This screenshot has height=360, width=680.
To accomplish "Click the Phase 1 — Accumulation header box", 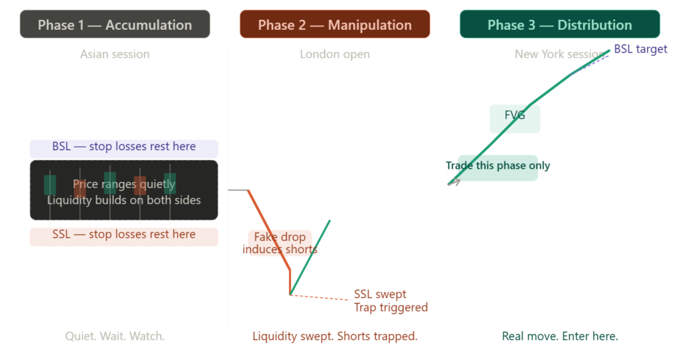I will (115, 25).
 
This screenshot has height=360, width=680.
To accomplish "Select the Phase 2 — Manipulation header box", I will (335, 25).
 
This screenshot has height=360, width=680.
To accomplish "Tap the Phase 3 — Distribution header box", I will (559, 25).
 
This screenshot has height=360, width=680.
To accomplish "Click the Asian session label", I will (115, 54).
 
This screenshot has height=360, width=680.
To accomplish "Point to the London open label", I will (335, 54).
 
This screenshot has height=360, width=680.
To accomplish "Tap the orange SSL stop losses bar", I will (124, 236).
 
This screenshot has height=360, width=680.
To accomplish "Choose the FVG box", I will (515, 117).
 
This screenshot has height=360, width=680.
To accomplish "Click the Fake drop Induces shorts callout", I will (280, 243).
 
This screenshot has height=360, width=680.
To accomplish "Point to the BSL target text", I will (640, 49).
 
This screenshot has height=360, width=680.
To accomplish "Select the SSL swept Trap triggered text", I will (390, 301).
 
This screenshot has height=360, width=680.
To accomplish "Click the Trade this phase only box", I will (498, 166).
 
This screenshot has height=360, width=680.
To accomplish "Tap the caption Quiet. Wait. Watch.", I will (115, 336).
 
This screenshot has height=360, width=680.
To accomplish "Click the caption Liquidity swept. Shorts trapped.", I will (335, 336).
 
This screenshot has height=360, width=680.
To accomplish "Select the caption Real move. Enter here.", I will (559, 336).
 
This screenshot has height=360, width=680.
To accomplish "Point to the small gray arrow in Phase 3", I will (454, 181).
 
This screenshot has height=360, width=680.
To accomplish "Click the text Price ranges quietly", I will (124, 184).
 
